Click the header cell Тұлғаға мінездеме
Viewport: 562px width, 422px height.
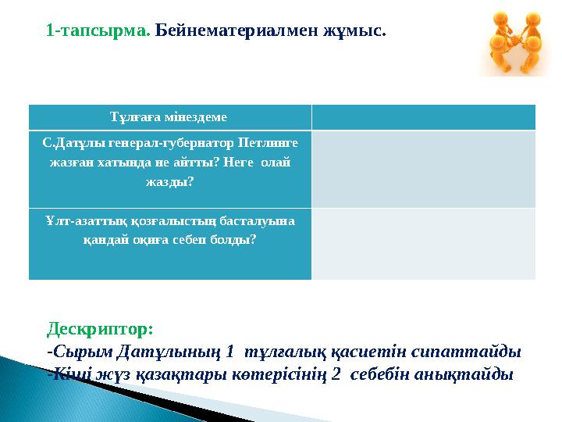pyautogui.click(x=169, y=117)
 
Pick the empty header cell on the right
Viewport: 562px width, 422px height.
pyautogui.click(x=423, y=117)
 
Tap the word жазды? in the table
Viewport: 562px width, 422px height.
pyautogui.click(x=169, y=182)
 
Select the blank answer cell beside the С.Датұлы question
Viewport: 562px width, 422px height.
pyautogui.click(x=423, y=168)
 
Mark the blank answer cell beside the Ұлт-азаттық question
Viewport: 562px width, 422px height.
pyautogui.click(x=423, y=242)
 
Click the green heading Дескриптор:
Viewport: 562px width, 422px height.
pyautogui.click(x=100, y=324)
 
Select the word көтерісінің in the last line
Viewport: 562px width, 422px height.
pyautogui.click(x=275, y=374)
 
